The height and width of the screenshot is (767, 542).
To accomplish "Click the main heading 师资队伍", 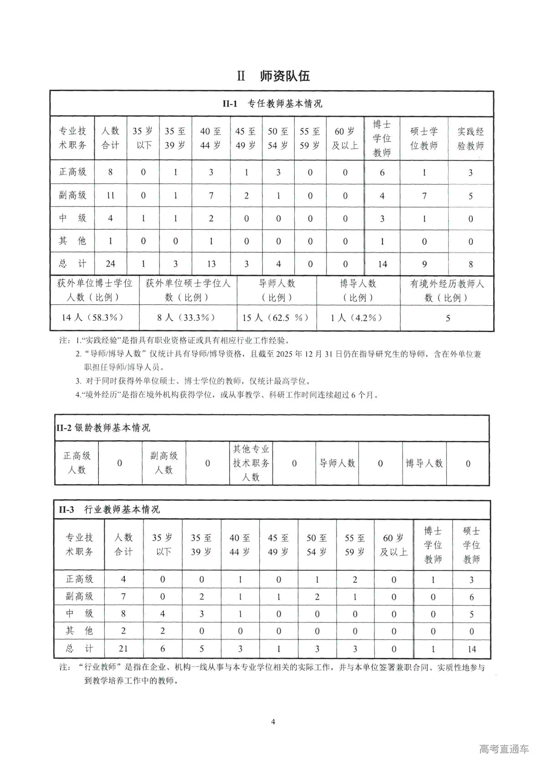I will click(285, 76).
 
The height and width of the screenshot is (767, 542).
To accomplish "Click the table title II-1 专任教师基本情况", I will click(272, 104).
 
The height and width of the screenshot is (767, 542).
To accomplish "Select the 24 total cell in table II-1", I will click(110, 264).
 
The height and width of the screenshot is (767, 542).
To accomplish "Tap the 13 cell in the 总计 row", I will click(211, 264).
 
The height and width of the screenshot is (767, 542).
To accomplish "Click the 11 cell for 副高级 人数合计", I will click(110, 196).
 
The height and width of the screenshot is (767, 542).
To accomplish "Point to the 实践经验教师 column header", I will click(470, 139).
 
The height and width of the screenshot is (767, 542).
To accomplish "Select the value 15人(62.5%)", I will click(276, 318).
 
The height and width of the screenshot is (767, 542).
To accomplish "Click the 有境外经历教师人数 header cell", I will click(447, 290).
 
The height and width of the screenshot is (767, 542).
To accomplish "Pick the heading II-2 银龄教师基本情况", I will click(103, 428).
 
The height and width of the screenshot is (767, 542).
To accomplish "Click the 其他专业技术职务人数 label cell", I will click(251, 463).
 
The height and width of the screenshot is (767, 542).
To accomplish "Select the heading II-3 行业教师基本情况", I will click(109, 510).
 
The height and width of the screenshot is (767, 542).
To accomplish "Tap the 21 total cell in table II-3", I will click(123, 649).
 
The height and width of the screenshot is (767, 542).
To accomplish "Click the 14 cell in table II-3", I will click(471, 649).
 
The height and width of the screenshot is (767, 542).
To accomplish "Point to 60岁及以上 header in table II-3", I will click(394, 545).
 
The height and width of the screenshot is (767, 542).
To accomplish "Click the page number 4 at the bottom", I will click(273, 721).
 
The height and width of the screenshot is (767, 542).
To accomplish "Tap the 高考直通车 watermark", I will click(504, 749).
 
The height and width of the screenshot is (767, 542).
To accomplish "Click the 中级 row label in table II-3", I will click(79, 613).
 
